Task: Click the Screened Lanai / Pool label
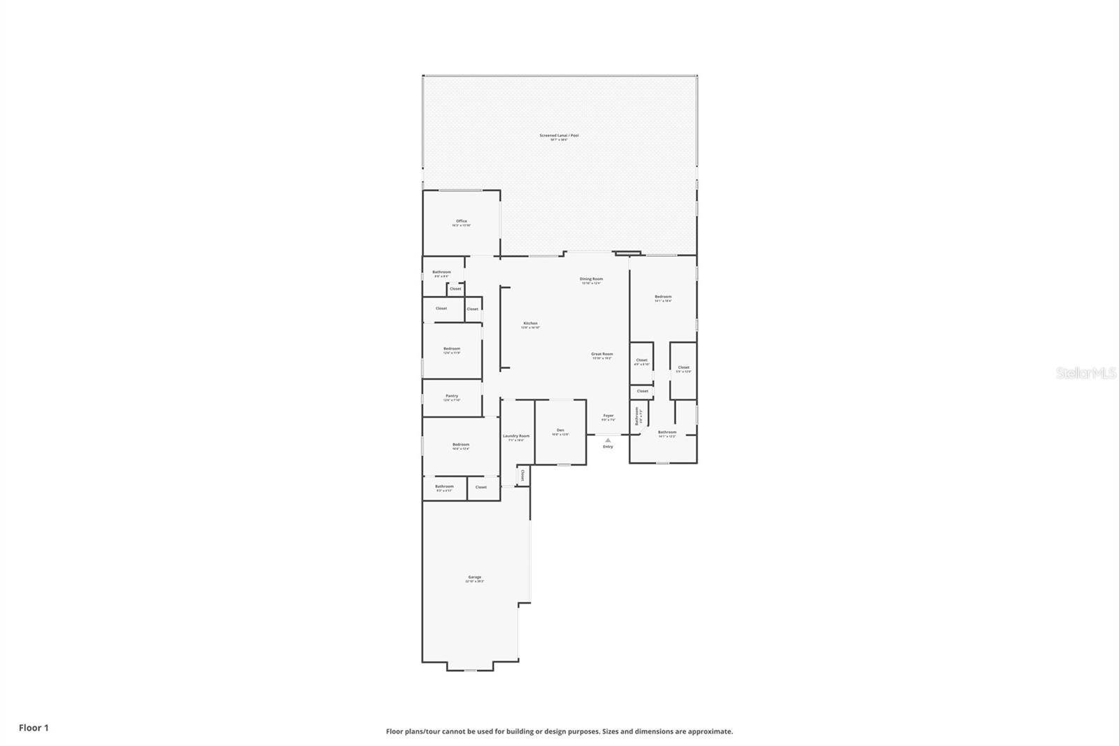[559, 135]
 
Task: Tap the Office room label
[461, 221]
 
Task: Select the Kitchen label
[530, 323]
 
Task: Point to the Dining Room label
[591, 279]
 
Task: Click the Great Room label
[601, 354]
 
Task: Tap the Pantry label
[452, 396]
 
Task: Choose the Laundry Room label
[516, 436]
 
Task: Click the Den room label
[560, 430]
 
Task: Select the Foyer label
[608, 416]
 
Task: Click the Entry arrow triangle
[608, 440]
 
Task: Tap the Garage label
[474, 577]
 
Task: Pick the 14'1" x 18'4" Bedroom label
[663, 297]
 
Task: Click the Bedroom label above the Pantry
[452, 349]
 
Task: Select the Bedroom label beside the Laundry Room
[460, 444]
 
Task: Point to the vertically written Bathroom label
[637, 417]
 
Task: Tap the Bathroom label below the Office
[441, 272]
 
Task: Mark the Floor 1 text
[34, 728]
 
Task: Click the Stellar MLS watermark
[1085, 374]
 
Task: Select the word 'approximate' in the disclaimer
[710, 731]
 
